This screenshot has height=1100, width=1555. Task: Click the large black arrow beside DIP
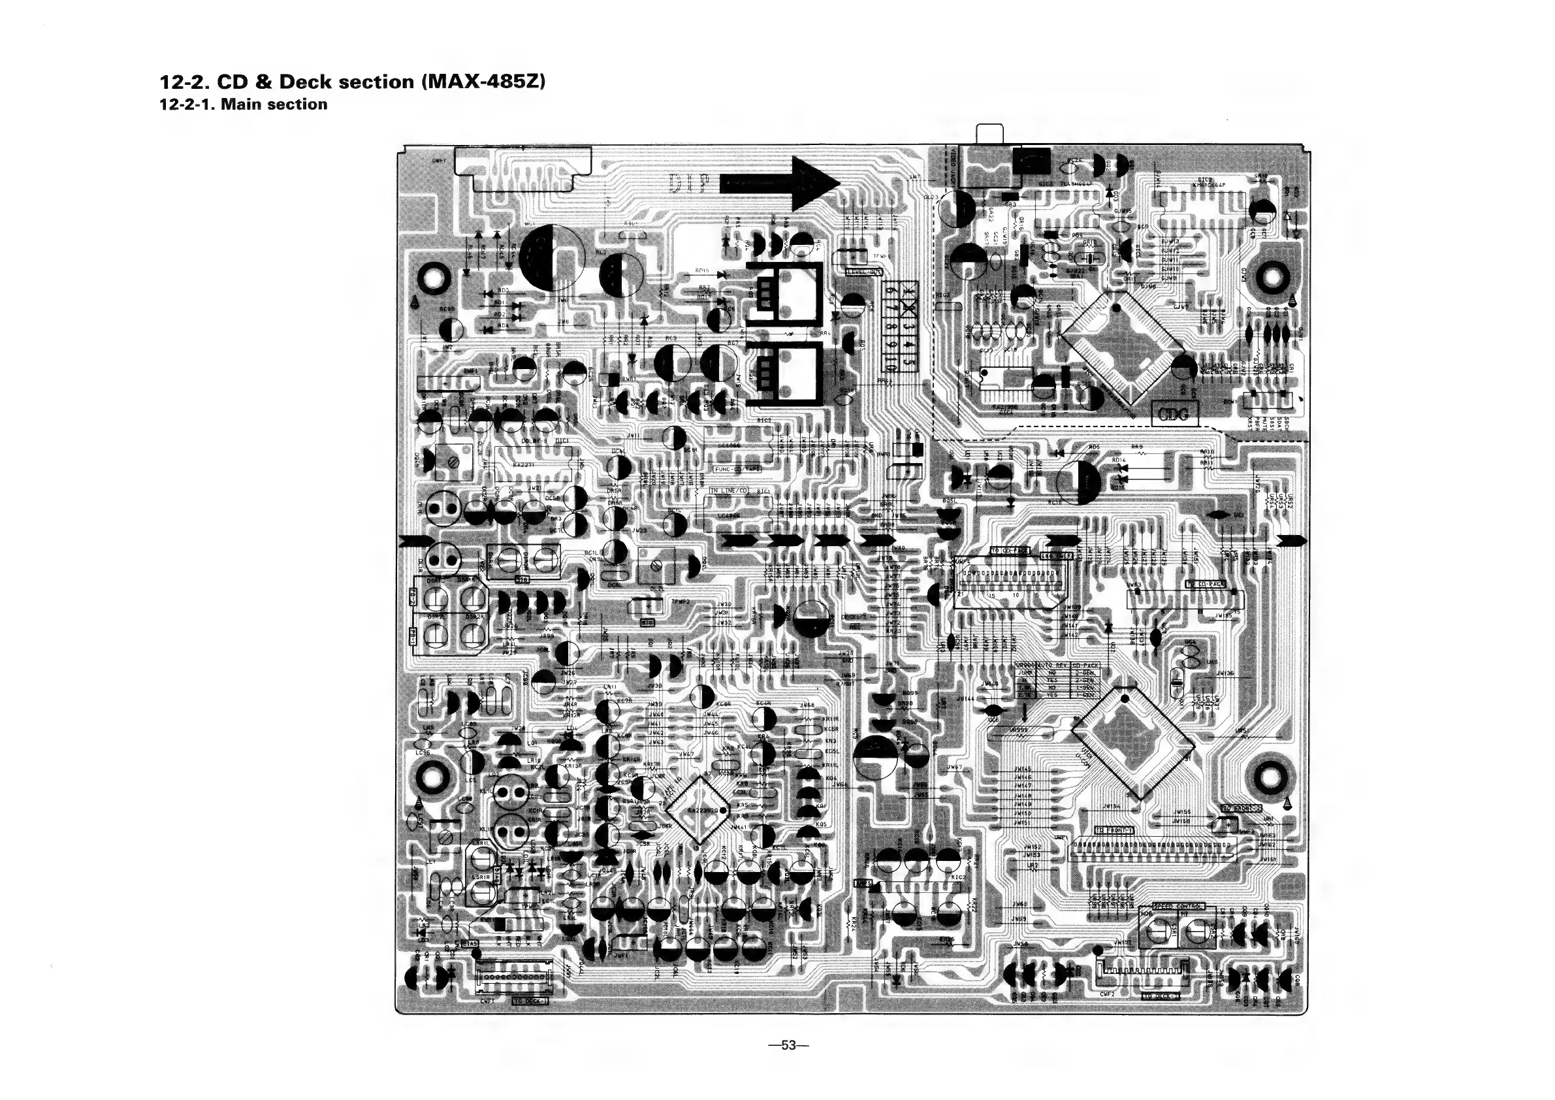(779, 183)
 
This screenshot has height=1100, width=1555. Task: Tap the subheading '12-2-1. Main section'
(243, 105)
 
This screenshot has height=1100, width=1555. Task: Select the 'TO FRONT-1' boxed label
(1114, 830)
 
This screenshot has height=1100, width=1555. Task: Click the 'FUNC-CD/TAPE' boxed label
(738, 469)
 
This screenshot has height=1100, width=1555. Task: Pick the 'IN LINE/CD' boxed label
(728, 491)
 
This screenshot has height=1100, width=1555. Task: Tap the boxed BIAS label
(470, 943)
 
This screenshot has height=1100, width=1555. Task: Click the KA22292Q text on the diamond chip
(703, 811)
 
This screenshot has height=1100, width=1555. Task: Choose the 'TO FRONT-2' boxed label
(1242, 808)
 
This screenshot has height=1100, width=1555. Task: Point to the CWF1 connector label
(487, 1001)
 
